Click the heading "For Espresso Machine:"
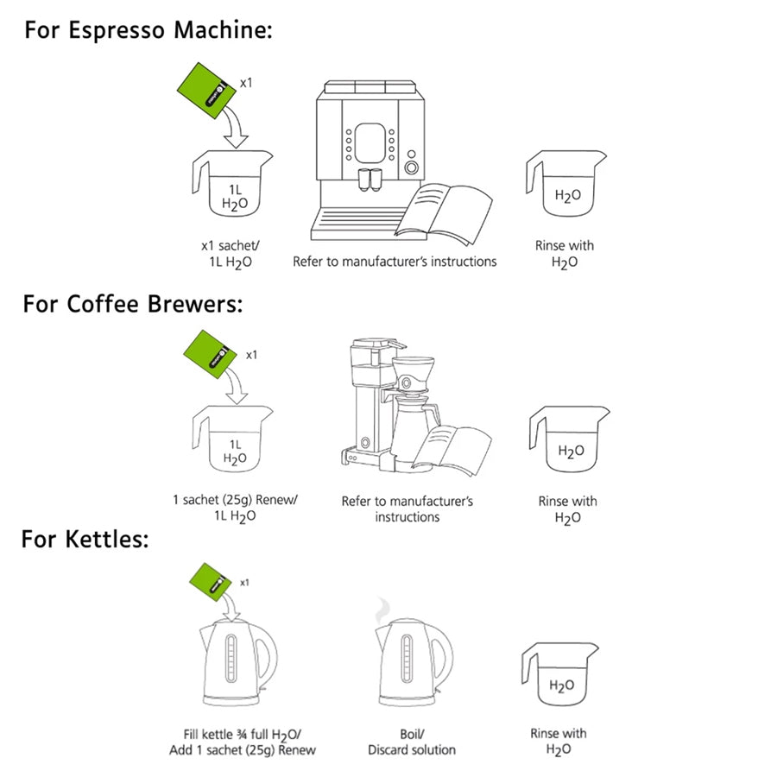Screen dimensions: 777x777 [x=148, y=31]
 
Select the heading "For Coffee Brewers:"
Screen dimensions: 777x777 [x=133, y=304]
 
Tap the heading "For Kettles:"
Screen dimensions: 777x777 [x=85, y=540]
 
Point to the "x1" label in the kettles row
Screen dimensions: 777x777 [x=244, y=582]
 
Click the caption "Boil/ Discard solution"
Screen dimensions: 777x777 [x=412, y=742]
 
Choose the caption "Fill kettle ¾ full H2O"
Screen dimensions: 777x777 [x=241, y=734]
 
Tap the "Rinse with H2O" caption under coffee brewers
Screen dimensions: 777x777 [x=567, y=509]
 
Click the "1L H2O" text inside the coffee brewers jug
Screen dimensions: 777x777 [x=234, y=451]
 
